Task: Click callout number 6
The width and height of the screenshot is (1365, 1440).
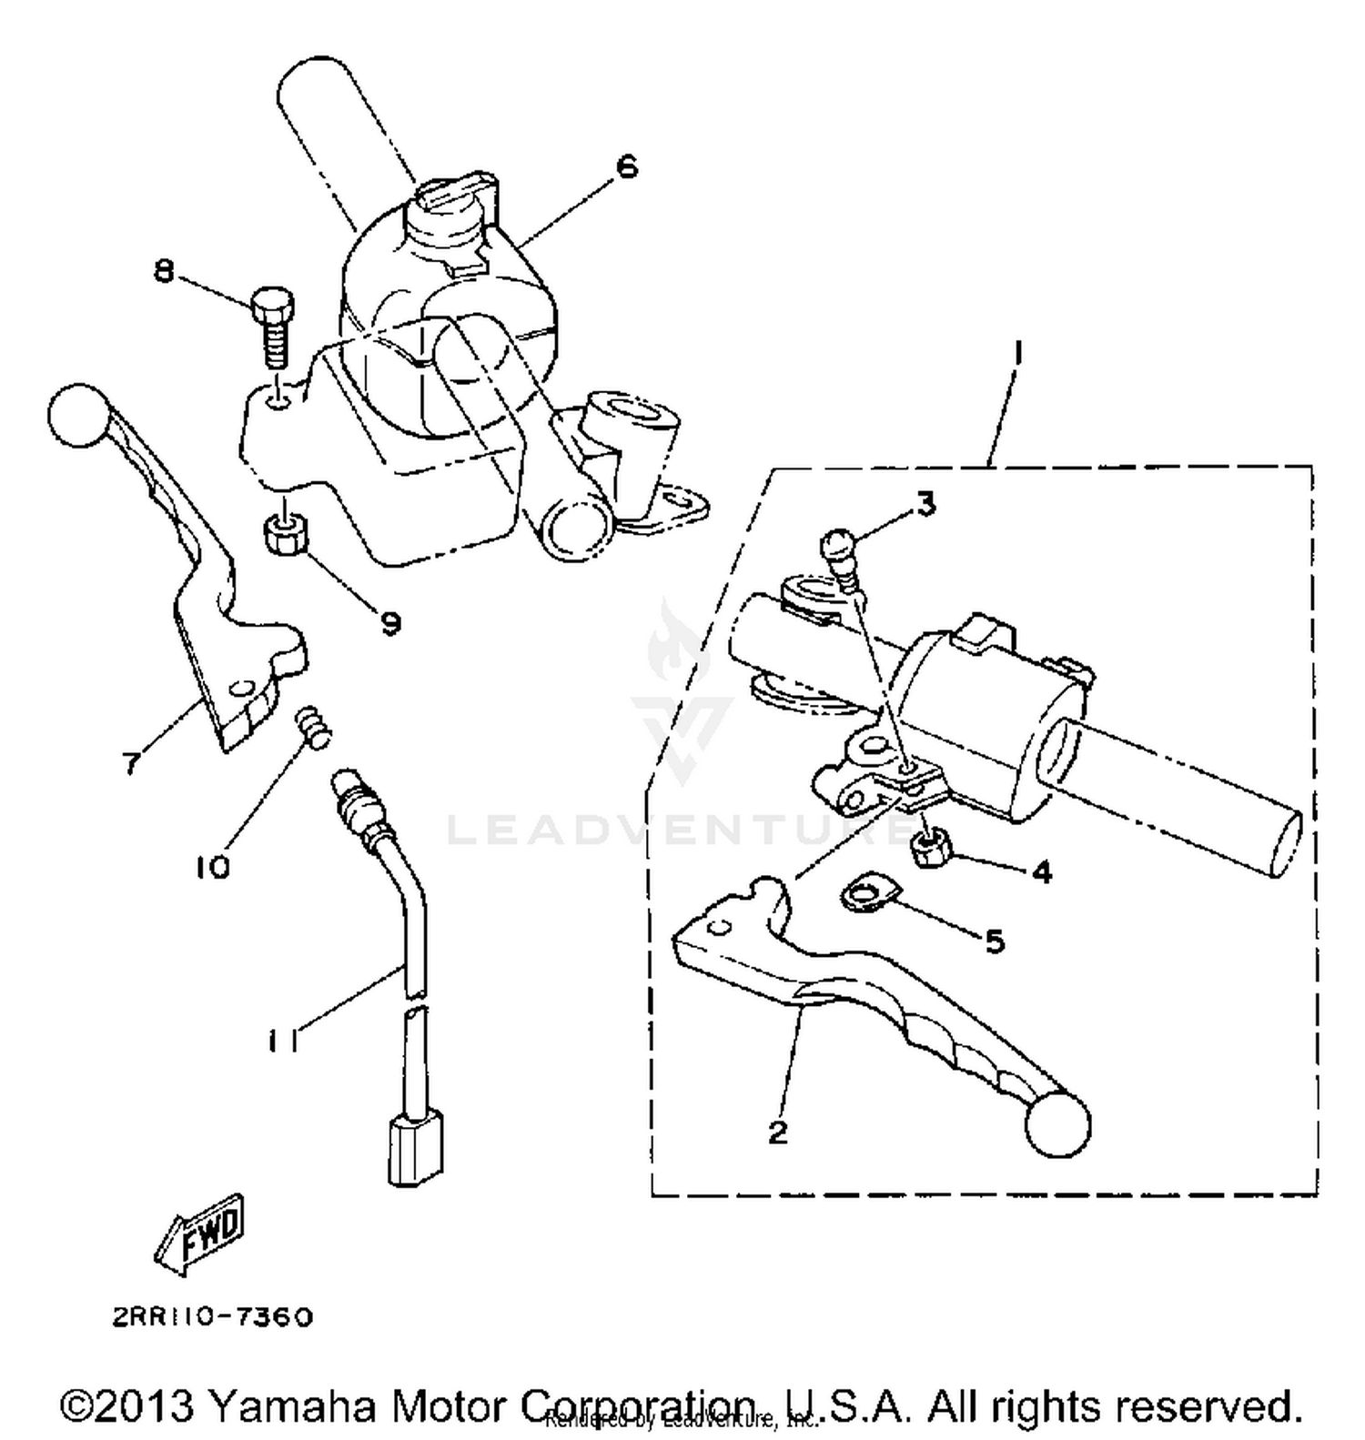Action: pos(627,167)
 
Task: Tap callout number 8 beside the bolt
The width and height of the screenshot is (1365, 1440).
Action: pos(164,270)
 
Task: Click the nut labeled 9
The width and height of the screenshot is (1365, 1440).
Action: pos(286,536)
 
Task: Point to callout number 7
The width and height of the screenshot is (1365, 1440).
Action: pos(133,762)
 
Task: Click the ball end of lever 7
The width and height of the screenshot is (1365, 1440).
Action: pos(77,417)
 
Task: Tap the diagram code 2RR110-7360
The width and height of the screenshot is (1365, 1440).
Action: pos(213,1317)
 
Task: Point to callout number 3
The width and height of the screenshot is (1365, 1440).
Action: pos(925,503)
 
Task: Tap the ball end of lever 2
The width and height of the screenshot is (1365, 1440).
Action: pos(1057,1125)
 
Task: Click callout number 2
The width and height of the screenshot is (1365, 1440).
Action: pos(778,1133)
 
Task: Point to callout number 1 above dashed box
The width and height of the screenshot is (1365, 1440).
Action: pos(1017,352)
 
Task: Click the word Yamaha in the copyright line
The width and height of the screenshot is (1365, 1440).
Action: pos(292,1405)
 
